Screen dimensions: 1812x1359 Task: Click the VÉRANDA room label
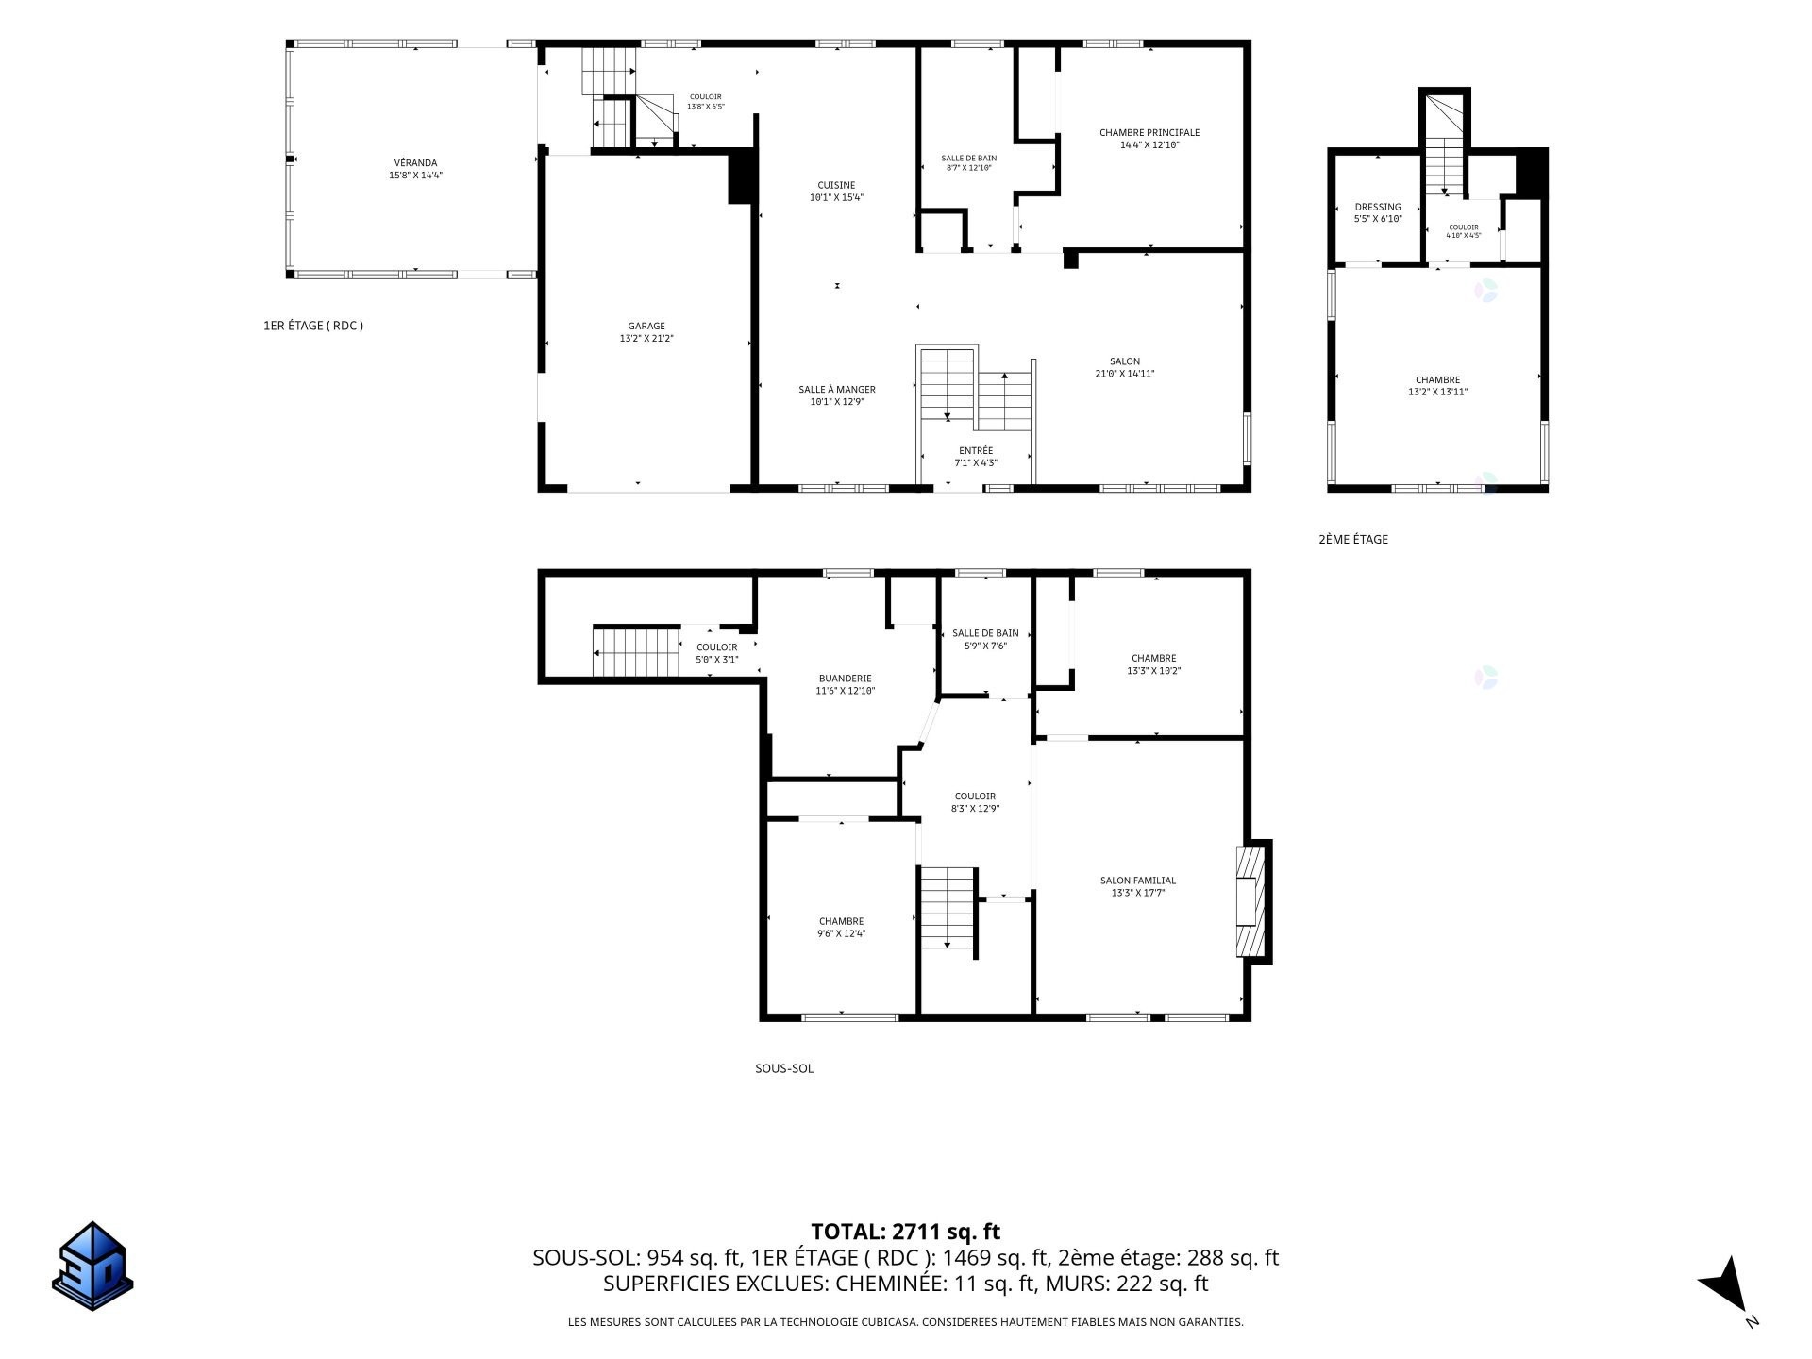point(415,163)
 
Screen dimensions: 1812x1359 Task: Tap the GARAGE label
point(646,327)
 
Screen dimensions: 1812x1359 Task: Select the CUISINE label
point(836,186)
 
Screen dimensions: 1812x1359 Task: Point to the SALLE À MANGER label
point(837,390)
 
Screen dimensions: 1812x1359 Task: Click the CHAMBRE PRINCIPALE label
point(1149,133)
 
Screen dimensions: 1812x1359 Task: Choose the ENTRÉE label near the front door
point(976,451)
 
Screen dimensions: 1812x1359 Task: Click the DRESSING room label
point(1378,208)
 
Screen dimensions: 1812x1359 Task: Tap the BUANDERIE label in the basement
point(846,679)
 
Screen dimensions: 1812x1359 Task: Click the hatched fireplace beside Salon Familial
point(1250,901)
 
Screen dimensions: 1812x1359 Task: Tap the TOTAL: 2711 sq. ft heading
point(905,1232)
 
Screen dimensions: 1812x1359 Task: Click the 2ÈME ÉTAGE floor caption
point(1353,540)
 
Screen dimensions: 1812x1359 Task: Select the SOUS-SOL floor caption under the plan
point(784,1069)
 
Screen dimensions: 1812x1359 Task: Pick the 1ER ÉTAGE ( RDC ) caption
point(313,326)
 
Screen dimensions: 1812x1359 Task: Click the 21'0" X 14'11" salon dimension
point(1125,374)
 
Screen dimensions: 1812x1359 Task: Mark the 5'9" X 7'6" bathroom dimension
point(985,646)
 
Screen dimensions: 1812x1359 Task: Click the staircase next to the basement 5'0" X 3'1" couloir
point(636,650)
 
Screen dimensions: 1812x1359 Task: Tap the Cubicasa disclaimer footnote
point(905,1322)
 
